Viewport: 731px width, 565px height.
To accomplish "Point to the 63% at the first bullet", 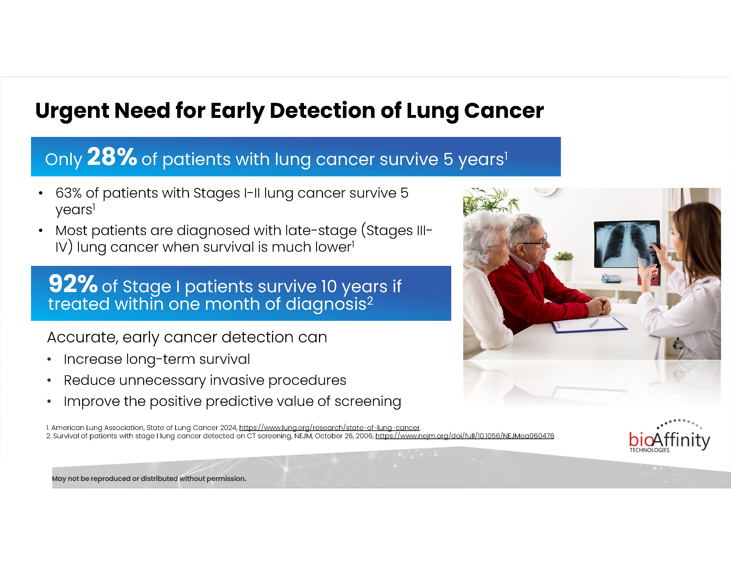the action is tap(69, 193).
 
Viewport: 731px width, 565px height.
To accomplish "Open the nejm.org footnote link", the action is tap(465, 436).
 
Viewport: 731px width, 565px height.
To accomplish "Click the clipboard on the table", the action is tap(589, 325).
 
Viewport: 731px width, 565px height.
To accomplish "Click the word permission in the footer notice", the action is tap(226, 479).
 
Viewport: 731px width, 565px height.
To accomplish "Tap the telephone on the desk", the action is tap(611, 278).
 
